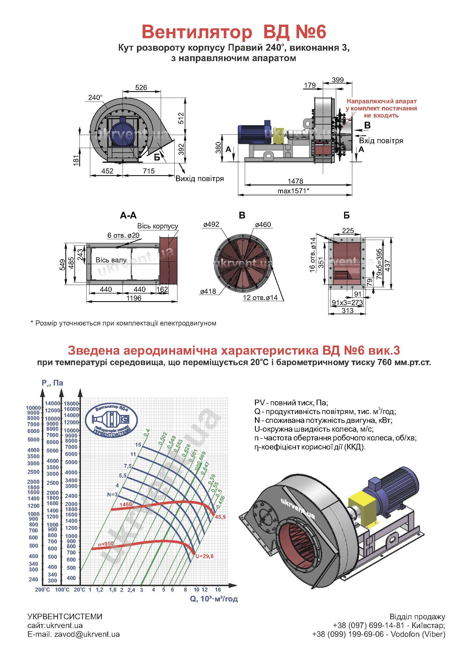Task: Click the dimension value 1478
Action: [x=295, y=181]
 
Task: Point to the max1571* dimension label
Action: [x=293, y=190]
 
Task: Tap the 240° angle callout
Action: [x=95, y=97]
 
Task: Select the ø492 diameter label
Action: [x=211, y=224]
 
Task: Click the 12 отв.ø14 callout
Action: [x=260, y=297]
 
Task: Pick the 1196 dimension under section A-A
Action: [x=134, y=298]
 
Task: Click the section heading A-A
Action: [x=128, y=215]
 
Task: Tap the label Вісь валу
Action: [x=111, y=260]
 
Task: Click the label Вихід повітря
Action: [x=200, y=179]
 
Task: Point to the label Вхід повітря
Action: [x=381, y=141]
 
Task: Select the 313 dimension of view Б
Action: [x=347, y=310]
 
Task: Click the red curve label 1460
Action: [x=126, y=505]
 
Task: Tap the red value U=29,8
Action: [x=204, y=556]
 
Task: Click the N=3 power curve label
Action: [x=112, y=494]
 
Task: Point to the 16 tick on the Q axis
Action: [x=218, y=590]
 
